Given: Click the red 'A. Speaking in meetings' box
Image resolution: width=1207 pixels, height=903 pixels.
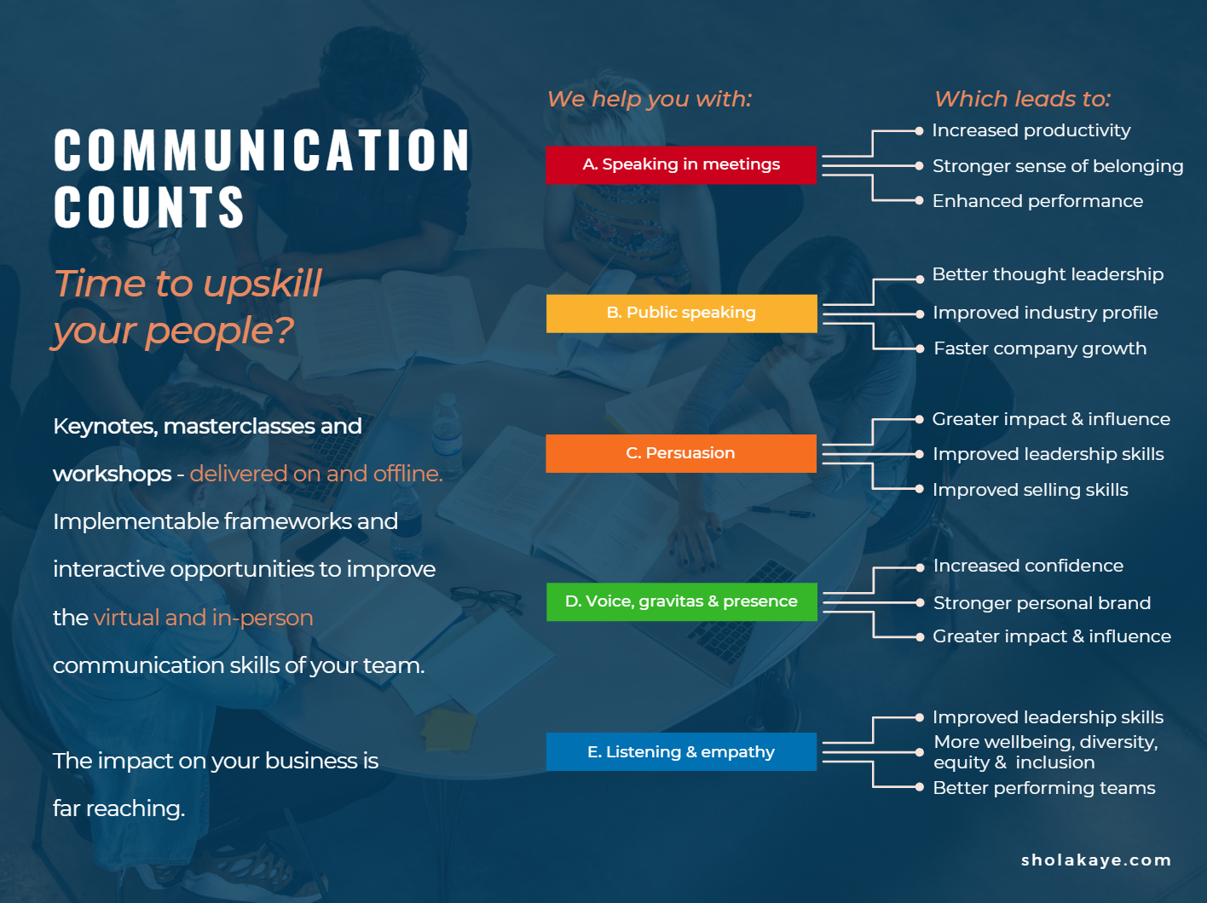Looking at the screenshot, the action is (x=681, y=165).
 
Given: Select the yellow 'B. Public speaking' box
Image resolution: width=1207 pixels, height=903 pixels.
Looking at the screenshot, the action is (x=681, y=313).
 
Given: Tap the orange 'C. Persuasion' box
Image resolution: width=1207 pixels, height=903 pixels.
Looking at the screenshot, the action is (x=681, y=453).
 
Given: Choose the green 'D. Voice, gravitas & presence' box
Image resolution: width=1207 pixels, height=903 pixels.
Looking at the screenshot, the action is (x=681, y=601).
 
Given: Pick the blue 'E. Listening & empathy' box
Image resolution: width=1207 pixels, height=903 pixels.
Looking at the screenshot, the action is (x=681, y=751).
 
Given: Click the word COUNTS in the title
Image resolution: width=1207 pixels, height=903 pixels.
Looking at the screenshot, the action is (x=149, y=207).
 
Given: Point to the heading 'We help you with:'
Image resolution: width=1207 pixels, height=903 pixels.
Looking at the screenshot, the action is (x=650, y=99).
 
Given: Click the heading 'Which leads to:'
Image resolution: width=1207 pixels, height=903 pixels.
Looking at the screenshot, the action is (x=1023, y=99).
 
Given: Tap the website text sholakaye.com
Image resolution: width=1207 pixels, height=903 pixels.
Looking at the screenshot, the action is (x=1096, y=860).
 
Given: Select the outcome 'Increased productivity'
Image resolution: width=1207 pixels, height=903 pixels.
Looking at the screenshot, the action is (x=1031, y=131).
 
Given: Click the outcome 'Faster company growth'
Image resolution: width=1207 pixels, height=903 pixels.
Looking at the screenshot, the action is (x=1040, y=348).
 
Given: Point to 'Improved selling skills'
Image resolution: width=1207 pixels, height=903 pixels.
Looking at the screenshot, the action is (x=1031, y=490).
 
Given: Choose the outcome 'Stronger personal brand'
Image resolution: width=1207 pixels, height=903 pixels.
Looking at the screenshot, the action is (x=1042, y=603).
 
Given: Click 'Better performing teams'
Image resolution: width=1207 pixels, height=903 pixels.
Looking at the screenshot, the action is (x=1044, y=788).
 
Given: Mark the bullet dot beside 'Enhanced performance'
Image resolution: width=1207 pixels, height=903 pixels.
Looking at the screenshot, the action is (x=919, y=200).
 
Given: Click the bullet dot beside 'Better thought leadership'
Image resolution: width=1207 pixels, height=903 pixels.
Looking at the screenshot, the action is (x=920, y=279).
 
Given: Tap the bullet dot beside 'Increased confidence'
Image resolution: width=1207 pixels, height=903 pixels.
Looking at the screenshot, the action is (x=920, y=567).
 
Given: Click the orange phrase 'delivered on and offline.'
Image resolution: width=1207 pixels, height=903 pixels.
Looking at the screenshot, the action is (x=316, y=474).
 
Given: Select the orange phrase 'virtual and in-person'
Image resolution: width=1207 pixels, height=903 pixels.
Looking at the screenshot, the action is (x=204, y=618).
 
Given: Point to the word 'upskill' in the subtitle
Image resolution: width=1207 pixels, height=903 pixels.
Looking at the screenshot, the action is (x=262, y=285).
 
